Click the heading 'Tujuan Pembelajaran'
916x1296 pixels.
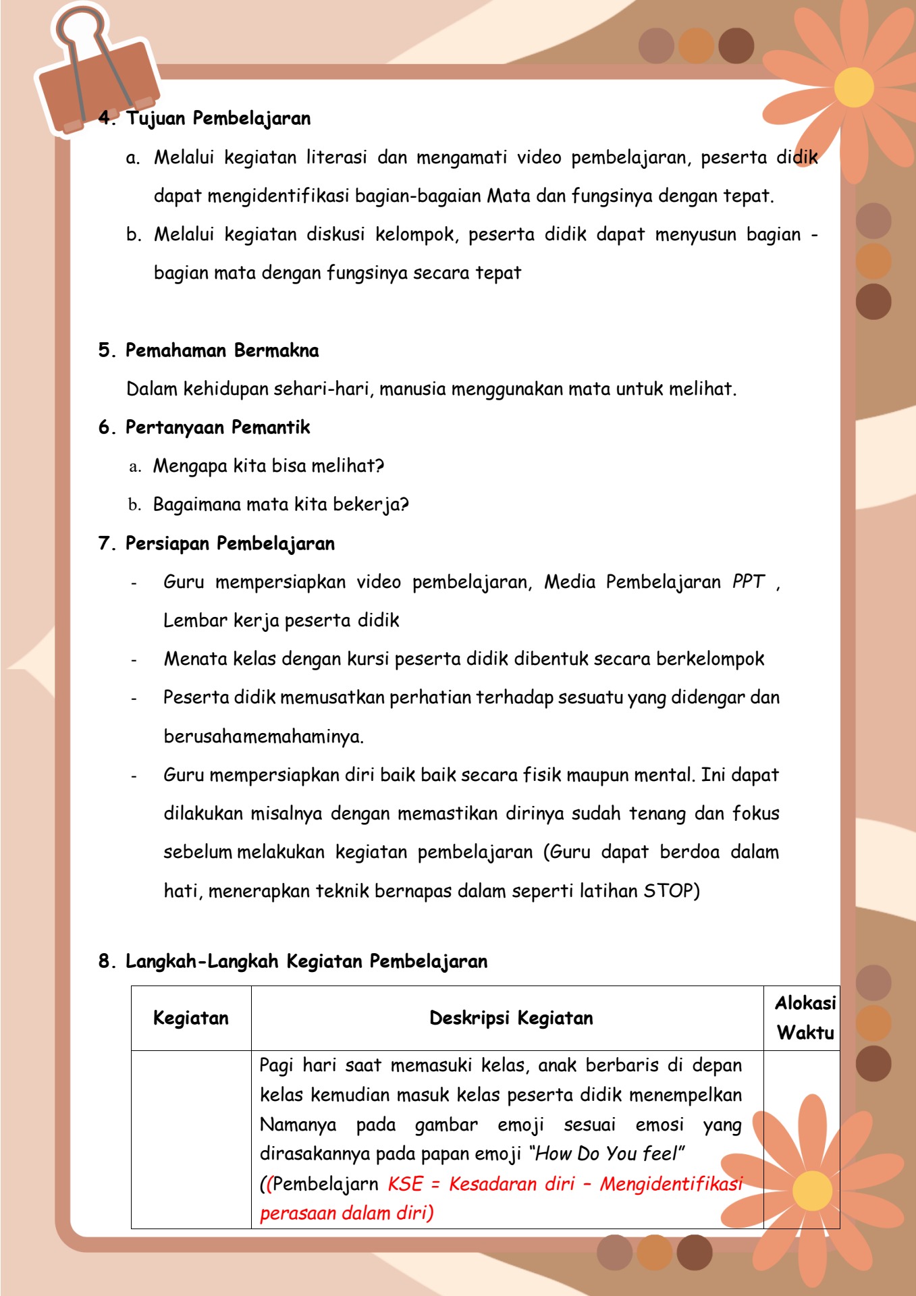218,118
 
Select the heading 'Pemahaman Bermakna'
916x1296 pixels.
222,350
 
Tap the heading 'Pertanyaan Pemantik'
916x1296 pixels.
217,427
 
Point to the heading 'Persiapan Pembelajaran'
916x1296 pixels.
230,543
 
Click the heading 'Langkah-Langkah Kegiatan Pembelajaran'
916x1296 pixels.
306,961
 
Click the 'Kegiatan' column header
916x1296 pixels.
191,1018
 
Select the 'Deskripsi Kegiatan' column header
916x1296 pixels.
511,1018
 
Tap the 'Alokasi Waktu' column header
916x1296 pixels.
805,1018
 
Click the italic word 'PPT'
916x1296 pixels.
749,582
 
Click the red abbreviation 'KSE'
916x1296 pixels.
405,1184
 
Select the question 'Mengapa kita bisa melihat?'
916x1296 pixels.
269,466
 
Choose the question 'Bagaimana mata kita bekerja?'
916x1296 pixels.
281,504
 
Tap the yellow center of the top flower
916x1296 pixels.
854,88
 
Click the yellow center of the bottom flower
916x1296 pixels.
812,1191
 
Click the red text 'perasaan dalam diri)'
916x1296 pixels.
346,1214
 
